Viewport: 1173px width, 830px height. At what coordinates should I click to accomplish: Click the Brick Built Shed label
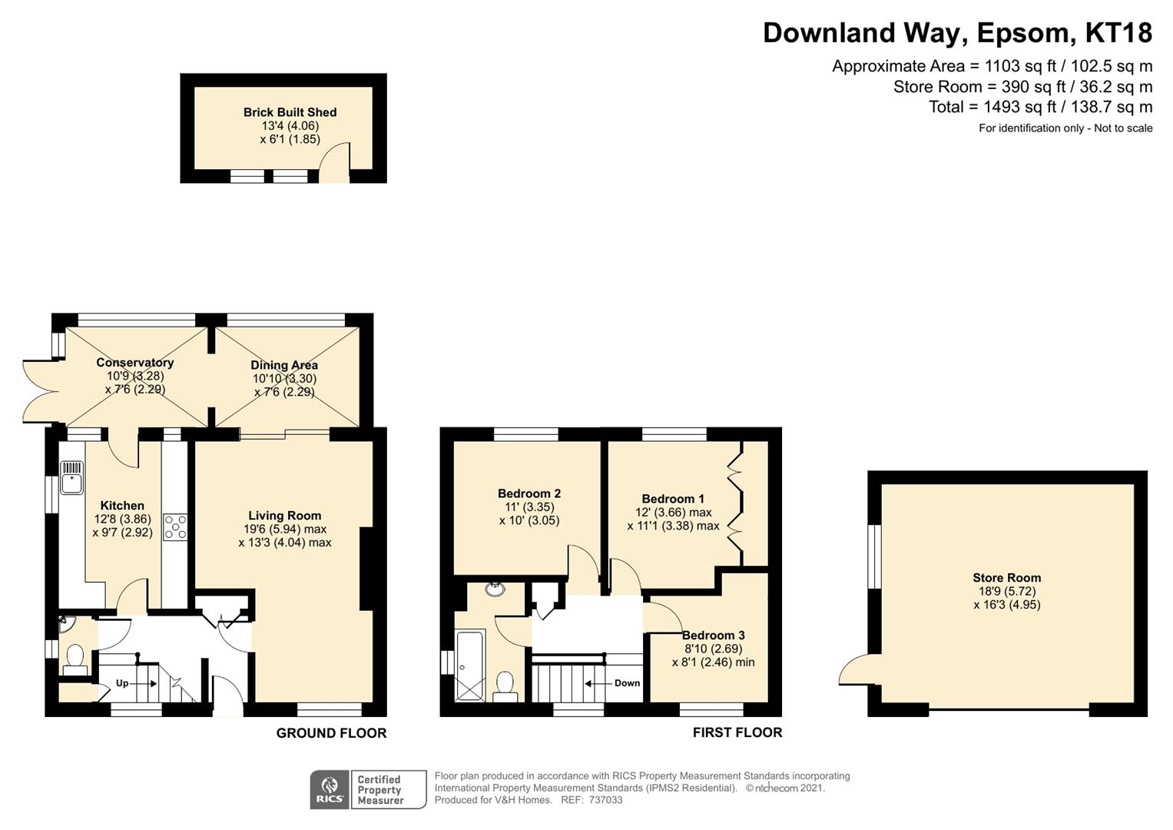[x=290, y=112]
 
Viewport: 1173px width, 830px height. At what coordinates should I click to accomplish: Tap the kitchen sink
[x=71, y=477]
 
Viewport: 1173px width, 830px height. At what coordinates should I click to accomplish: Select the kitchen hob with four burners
[x=175, y=527]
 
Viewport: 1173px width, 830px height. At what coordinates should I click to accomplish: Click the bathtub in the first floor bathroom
[x=469, y=666]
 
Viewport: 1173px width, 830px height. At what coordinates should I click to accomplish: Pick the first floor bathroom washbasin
[x=495, y=589]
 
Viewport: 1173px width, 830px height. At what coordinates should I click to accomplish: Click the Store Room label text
[x=1006, y=578]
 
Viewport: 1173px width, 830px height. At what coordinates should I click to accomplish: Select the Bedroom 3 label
[x=713, y=635]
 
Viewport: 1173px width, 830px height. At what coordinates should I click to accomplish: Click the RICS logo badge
[x=330, y=789]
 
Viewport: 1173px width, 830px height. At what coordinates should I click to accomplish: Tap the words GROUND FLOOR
[x=332, y=733]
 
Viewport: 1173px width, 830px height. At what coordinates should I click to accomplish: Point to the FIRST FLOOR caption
[x=737, y=732]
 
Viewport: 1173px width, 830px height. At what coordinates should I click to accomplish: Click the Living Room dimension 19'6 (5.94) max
[x=285, y=530]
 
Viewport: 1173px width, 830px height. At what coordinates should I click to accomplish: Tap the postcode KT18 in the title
[x=1118, y=33]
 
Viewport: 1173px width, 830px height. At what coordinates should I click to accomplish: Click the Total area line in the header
[x=1041, y=107]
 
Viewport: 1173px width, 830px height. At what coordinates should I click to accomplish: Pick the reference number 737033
[x=606, y=800]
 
